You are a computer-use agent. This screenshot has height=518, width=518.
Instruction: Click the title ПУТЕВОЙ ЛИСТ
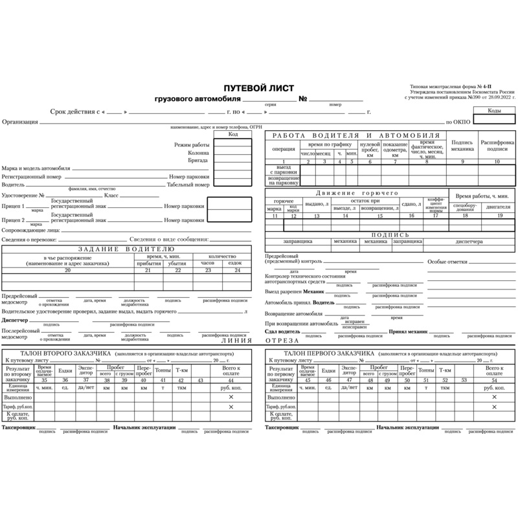(x=258, y=88)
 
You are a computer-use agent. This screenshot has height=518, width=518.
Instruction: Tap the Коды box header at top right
(x=494, y=111)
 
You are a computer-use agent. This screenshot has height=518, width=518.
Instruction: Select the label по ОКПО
(x=456, y=122)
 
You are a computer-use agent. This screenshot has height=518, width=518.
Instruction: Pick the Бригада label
(x=198, y=159)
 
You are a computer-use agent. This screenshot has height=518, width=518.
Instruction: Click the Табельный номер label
(x=188, y=185)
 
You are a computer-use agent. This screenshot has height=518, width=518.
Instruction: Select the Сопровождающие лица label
(x=31, y=230)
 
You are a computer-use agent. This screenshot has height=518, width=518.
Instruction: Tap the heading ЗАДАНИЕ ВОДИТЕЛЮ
(x=126, y=249)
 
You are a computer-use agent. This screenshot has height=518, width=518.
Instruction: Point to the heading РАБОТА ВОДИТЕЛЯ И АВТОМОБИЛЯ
(x=356, y=135)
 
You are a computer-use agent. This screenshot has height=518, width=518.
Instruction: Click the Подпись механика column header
(x=462, y=145)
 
